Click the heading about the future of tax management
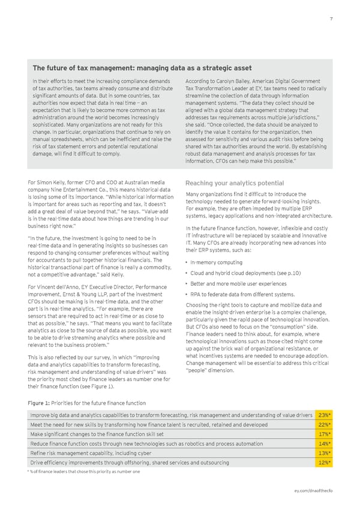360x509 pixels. click(142, 68)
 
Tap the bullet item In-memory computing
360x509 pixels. click(218, 262)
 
